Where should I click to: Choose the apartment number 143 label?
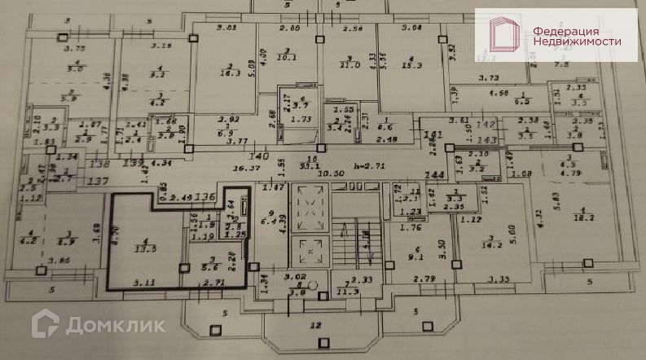coord(557,139)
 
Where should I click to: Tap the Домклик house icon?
coord(46,325)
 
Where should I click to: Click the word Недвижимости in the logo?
coord(578,41)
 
